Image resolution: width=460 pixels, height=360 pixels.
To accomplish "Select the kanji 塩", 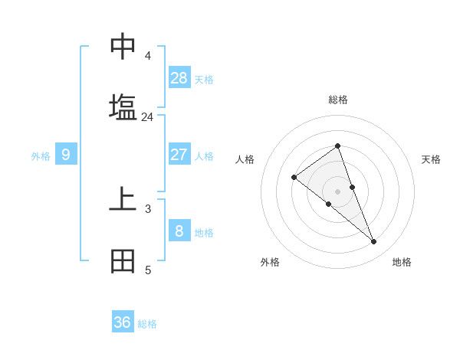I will coord(123,107).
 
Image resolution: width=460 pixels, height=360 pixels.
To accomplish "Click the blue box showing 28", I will coord(179,77).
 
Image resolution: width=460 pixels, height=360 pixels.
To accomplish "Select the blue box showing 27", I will coord(179,154).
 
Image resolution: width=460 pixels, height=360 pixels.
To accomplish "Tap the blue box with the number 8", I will coord(179,230).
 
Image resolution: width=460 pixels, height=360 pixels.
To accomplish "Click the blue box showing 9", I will coord(66,155).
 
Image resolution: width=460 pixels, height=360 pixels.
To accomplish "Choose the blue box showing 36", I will coord(123,322).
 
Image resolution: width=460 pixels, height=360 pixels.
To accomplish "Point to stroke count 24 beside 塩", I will coord(147,117).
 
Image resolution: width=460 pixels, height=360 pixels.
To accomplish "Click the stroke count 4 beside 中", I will coord(147,56).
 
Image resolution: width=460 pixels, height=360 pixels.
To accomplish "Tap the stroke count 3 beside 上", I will coord(147,208).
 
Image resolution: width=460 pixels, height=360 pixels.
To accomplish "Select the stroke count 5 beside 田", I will coord(147,270).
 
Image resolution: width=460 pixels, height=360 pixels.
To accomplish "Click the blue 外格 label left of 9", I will coord(41,156).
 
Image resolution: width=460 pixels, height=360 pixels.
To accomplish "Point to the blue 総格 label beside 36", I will coord(147,324).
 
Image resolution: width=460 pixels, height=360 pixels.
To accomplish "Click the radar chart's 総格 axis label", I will coord(337,100).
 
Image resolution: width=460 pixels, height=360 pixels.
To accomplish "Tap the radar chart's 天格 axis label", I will coord(432,159).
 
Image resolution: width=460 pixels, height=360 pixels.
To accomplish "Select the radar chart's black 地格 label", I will coord(402,262).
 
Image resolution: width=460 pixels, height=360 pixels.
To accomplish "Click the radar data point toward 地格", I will coord(374,242).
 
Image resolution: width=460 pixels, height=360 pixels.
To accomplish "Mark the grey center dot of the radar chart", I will coord(337,191).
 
